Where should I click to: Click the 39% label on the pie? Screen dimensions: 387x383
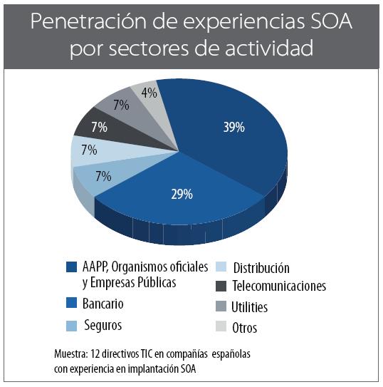233,127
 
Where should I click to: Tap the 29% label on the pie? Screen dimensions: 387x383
183,195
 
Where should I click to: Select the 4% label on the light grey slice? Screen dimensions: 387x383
149,93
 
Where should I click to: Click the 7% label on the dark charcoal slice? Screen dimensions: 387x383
99,128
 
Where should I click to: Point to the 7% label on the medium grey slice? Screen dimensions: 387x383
121,105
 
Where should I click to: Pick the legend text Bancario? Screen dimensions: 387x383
104,304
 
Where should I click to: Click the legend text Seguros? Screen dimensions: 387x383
103,325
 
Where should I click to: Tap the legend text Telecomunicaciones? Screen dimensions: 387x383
278,286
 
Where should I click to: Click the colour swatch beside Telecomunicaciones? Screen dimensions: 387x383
221,286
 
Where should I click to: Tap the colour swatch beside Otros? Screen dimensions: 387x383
221,328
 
